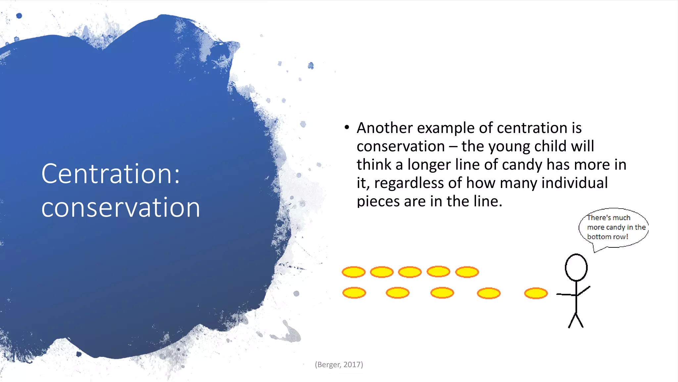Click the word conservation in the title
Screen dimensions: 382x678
[121, 208]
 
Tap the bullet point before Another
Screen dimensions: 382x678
[347, 128]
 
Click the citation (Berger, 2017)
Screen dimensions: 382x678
[339, 365]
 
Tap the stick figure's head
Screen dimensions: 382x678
[576, 267]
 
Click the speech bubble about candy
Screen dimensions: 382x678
[613, 228]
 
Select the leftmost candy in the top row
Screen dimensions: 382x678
[354, 272]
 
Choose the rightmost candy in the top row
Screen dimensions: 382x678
[467, 272]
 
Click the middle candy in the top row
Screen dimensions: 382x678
[410, 272]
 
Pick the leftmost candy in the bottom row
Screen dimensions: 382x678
[354, 293]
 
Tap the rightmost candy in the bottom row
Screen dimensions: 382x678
[536, 293]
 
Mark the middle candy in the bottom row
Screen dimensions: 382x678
[442, 293]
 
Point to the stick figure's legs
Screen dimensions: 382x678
[576, 320]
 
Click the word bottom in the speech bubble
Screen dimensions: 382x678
[599, 237]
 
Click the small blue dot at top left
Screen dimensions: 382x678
[19, 16]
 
